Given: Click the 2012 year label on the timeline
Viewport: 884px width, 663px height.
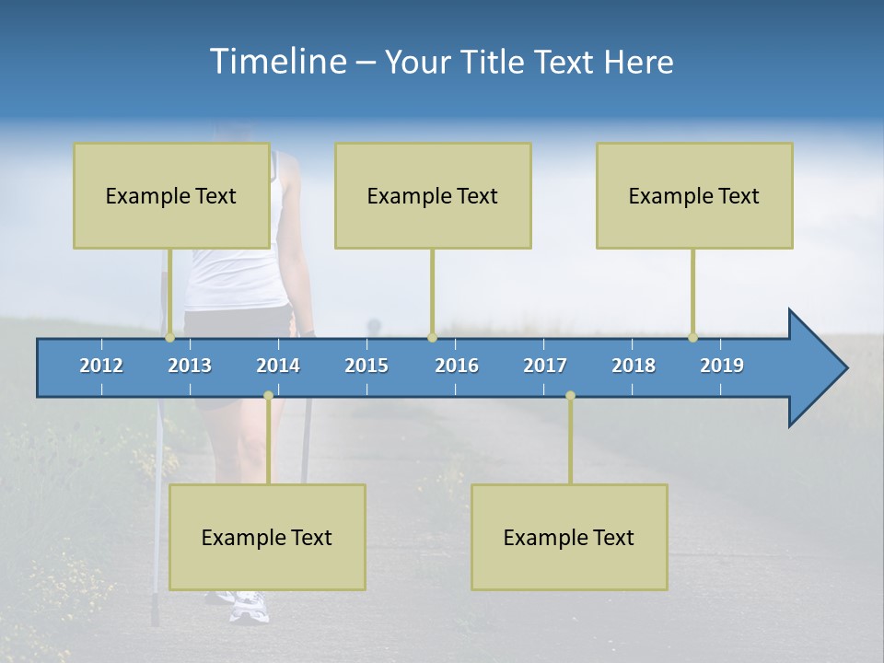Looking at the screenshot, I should point(101,366).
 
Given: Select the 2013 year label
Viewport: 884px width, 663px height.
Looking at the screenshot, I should point(190,366).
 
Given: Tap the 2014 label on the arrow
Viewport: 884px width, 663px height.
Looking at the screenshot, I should point(278,366).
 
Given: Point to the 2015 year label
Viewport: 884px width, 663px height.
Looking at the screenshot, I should point(366,366).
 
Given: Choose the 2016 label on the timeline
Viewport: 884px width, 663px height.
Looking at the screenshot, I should point(457,366).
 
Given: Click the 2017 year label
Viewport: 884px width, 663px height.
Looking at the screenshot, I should point(545,366).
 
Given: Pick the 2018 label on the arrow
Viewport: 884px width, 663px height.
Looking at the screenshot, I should point(634,366).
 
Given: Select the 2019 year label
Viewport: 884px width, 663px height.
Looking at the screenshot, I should point(722,366).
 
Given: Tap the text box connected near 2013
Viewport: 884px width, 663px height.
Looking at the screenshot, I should point(171,195).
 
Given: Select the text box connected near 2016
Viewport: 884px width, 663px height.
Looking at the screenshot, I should point(433,195).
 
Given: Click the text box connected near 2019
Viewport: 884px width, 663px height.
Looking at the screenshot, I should point(694,195).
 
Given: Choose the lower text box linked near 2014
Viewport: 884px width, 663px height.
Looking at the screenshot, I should point(267,537).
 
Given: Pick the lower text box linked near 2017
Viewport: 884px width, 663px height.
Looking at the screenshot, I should point(569,537).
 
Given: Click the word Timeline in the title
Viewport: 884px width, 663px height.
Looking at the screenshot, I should point(277,62).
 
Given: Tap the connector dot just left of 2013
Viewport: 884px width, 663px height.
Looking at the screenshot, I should point(169,338).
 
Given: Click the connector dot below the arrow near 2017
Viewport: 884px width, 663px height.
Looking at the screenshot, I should point(570,395).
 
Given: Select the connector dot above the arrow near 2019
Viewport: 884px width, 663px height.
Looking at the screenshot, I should point(692,338).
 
